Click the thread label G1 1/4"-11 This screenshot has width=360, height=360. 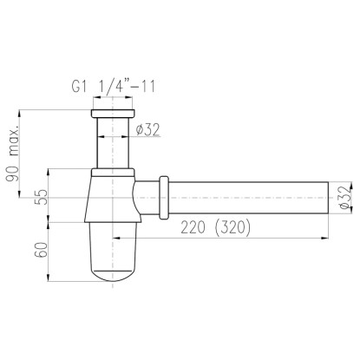click(114, 86)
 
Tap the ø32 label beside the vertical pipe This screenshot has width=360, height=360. click(147, 130)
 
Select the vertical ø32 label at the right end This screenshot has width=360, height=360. click(345, 198)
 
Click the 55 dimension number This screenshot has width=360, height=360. click(41, 197)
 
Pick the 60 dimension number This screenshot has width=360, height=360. click(41, 250)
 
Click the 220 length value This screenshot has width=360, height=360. click(193, 227)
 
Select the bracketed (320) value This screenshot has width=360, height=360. click(232, 227)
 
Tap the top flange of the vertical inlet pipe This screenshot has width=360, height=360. click(113, 114)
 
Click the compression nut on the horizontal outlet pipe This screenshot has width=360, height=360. click(164, 198)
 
